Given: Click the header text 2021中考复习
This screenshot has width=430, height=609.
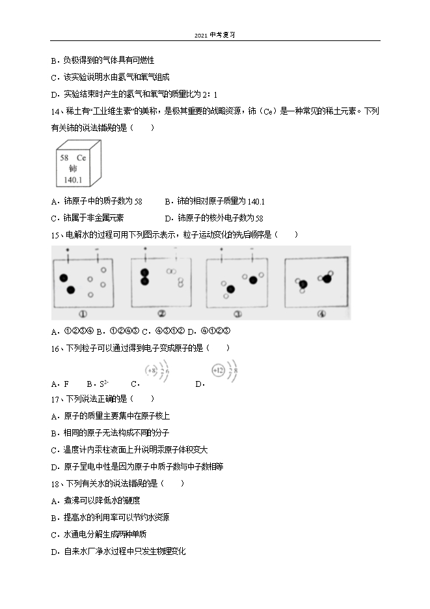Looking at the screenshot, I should click(215, 35).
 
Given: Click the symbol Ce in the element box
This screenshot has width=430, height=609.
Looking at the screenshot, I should click(81, 158).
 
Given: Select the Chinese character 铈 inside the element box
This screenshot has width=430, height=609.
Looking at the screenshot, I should click(72, 168).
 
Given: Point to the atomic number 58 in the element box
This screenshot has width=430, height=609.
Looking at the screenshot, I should click(64, 158).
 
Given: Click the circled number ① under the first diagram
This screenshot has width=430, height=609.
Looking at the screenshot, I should click(84, 313).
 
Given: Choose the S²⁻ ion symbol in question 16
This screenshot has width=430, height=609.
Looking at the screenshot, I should click(102, 384).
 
